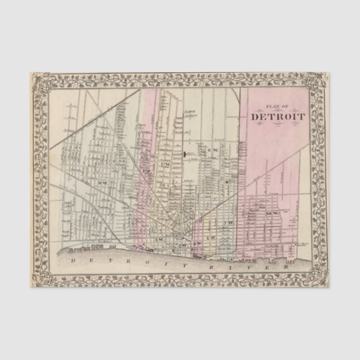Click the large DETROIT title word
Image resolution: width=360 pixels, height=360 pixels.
[278, 117]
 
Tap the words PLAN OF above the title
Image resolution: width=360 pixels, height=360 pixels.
[278, 108]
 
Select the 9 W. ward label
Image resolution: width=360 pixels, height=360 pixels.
[102, 183]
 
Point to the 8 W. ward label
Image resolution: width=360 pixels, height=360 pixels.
[146, 170]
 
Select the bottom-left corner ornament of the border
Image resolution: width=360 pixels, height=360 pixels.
[39, 281]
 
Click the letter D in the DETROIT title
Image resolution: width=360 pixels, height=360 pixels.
[255, 117]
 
